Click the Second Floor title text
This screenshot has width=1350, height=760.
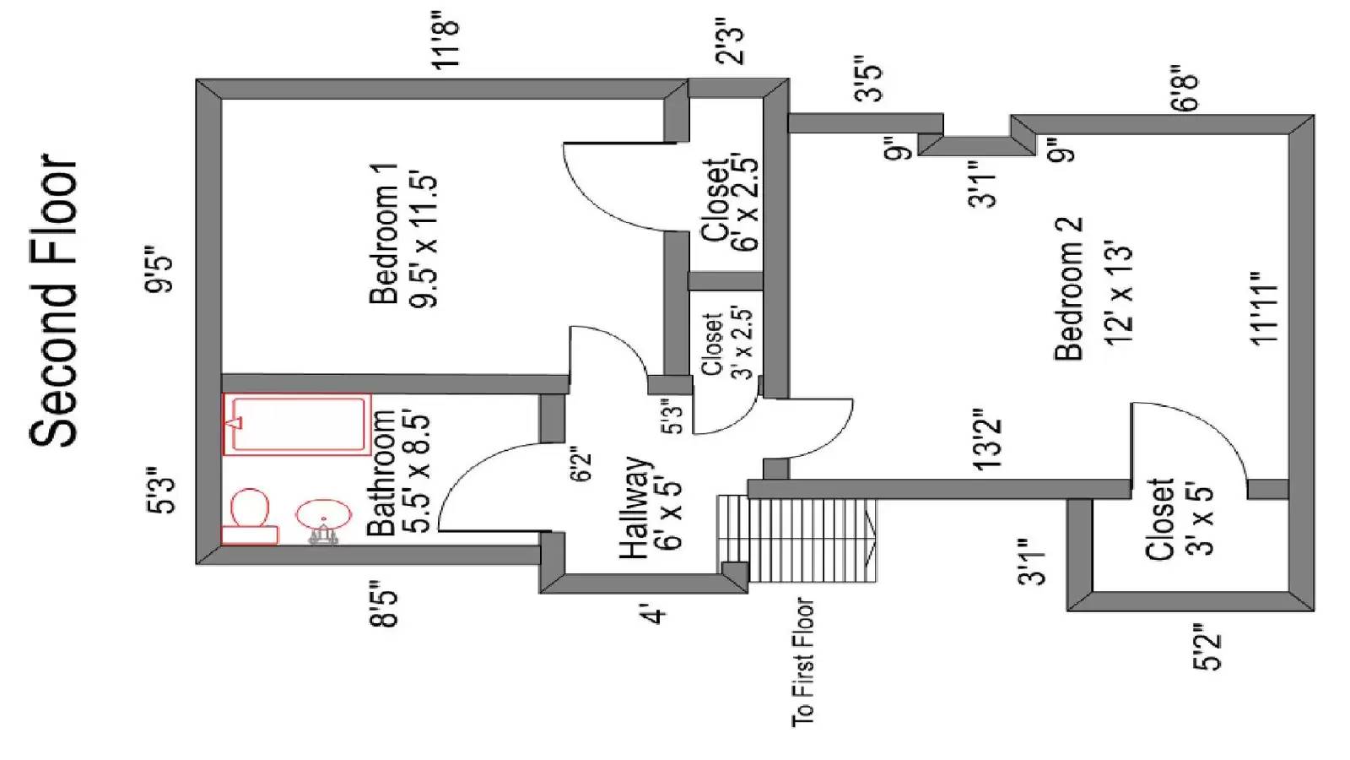(x=54, y=301)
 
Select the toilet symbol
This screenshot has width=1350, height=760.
(x=249, y=514)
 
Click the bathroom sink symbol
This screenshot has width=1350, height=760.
(x=323, y=515)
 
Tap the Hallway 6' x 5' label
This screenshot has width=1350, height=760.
(x=650, y=507)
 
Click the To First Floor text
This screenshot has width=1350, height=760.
(x=803, y=662)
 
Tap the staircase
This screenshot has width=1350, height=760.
(x=796, y=539)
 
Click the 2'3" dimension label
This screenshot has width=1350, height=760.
(x=729, y=41)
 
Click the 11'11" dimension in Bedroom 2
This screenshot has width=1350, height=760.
(x=1265, y=307)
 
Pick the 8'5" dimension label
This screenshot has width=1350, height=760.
(x=385, y=605)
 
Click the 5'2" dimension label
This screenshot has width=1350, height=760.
(x=1206, y=647)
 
